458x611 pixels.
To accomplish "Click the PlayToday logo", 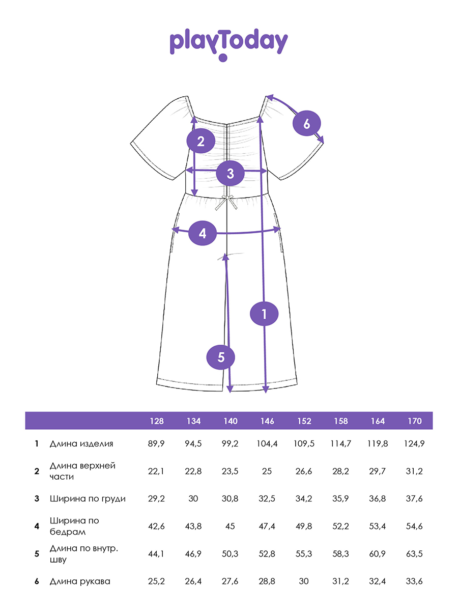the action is pos(228,44).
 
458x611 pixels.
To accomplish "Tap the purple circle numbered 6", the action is pos(307,123).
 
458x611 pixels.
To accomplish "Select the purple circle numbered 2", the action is pos(201,141).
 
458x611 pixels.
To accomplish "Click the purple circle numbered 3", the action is pos(230,174).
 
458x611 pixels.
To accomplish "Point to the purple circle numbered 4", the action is pos(203,233).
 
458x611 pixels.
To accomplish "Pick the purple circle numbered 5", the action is pos(221,357).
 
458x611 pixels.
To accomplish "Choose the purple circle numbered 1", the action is pos(264,314).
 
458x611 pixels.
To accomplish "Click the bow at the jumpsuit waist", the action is pos(226,203).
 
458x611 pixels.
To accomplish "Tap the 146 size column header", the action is pos(267,421).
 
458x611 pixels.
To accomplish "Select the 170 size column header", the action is pos(415,421).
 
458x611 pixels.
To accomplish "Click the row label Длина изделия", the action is pos(81,443).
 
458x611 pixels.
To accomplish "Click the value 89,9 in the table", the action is pos(156,443).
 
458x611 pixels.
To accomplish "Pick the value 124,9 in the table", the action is pos(414,443).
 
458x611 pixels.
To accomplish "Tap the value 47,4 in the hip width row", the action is pos(267,526).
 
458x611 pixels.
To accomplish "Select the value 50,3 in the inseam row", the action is pos(230,554).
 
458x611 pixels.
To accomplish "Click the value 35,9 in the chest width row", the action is pos(340,498).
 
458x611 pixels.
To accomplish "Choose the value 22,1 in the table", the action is pos(156,471).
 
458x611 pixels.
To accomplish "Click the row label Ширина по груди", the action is pos(88,499).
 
